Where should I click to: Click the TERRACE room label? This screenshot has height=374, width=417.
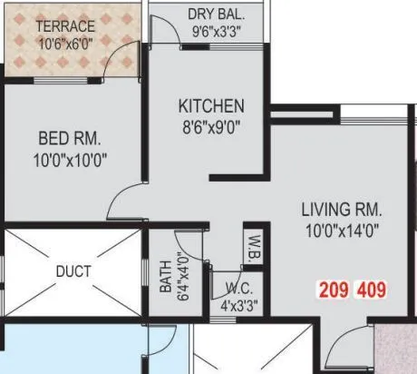coord(65,26)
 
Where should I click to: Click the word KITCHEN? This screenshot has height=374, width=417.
coord(210,106)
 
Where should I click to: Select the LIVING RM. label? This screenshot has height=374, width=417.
coord(342,210)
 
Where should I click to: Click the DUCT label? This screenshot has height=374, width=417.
coord(73,271)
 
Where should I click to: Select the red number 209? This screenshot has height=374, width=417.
coord(335,291)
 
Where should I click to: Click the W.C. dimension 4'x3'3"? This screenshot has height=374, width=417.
coord(239,306)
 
